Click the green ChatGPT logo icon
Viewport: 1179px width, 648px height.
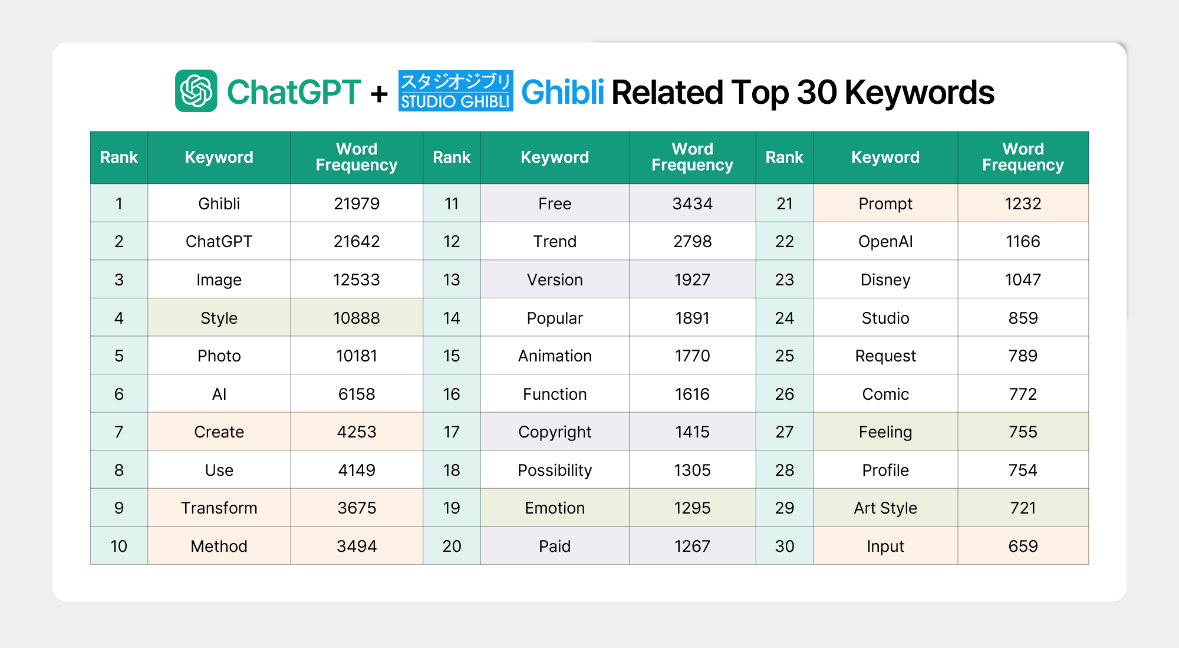pyautogui.click(x=196, y=91)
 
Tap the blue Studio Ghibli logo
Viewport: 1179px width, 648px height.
pyautogui.click(x=456, y=91)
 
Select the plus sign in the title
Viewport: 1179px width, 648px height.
pyautogui.click(x=379, y=93)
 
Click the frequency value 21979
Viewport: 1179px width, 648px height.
pyautogui.click(x=357, y=203)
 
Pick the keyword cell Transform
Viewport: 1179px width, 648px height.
pyautogui.click(x=219, y=508)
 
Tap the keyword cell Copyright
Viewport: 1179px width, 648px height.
pyautogui.click(x=555, y=432)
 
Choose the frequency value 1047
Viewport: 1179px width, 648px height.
pyautogui.click(x=1023, y=279)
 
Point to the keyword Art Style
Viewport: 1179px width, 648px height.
pyautogui.click(x=885, y=508)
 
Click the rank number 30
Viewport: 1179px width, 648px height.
pyautogui.click(x=785, y=546)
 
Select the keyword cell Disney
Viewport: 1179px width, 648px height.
pyautogui.click(x=885, y=280)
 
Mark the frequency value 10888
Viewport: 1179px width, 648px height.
pyautogui.click(x=357, y=318)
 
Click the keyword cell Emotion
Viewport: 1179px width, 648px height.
pyautogui.click(x=555, y=508)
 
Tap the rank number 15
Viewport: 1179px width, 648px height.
pyautogui.click(x=452, y=356)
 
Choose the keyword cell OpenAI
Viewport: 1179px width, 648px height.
pyautogui.click(x=885, y=242)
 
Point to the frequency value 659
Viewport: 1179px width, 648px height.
pyautogui.click(x=1023, y=546)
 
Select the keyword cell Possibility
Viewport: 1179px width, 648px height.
pyautogui.click(x=555, y=470)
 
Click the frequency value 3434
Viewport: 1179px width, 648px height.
pyautogui.click(x=693, y=203)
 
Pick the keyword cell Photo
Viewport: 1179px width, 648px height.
pyautogui.click(x=219, y=356)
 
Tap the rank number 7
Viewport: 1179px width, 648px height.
pyautogui.click(x=119, y=432)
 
